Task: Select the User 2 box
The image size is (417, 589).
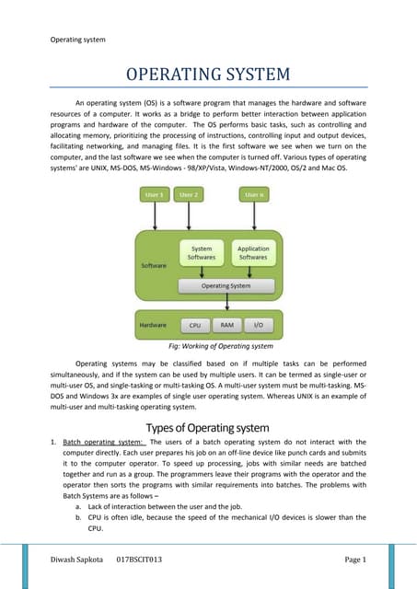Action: [x=190, y=194]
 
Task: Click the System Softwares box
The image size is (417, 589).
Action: [x=201, y=252]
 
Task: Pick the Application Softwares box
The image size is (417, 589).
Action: [x=253, y=252]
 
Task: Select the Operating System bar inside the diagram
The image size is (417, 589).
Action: [x=226, y=285]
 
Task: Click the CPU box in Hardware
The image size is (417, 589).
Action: [x=194, y=325]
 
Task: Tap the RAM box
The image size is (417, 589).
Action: [x=226, y=325]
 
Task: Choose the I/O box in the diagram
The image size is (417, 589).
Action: [x=258, y=325]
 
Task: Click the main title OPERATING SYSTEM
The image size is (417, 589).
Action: [x=209, y=74]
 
